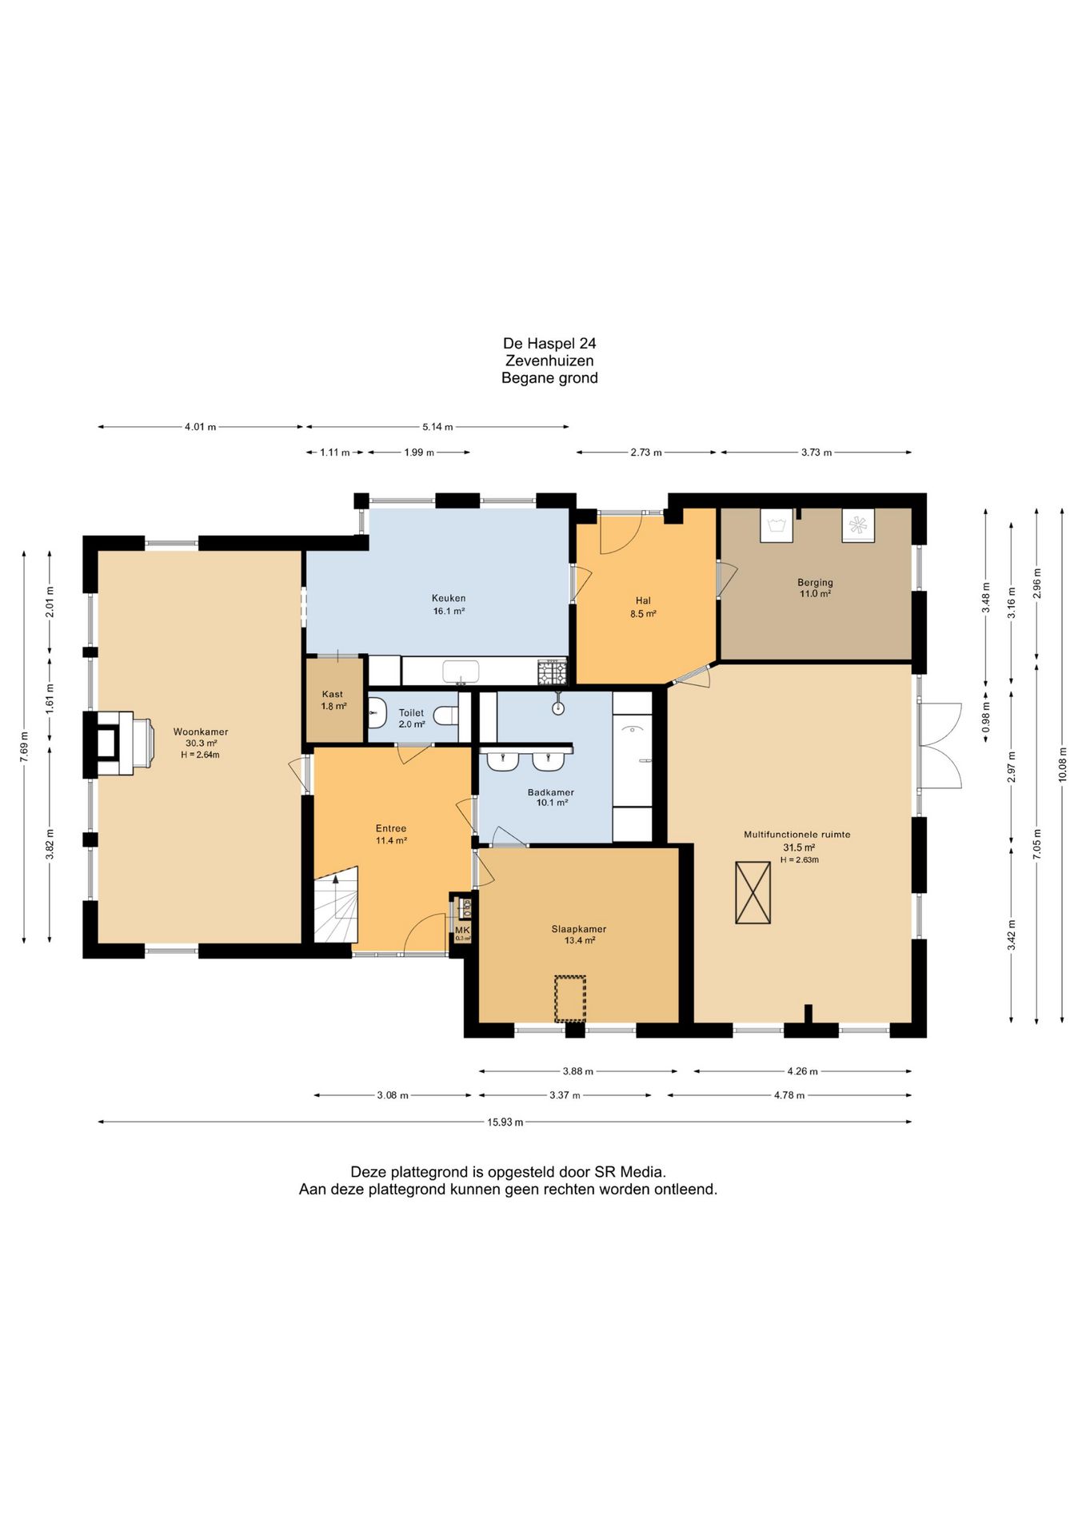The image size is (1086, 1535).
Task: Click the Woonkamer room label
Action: (x=201, y=732)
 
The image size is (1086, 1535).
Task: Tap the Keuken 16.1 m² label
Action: (x=449, y=604)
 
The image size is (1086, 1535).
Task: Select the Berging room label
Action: (x=815, y=582)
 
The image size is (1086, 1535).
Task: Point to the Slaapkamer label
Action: (x=579, y=929)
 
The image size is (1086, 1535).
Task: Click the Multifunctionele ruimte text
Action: (x=797, y=834)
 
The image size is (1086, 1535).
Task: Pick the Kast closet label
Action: (x=333, y=694)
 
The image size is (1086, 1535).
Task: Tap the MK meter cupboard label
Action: (x=462, y=930)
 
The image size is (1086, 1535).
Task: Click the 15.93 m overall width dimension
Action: (x=505, y=1122)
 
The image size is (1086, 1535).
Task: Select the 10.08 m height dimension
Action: (x=1062, y=764)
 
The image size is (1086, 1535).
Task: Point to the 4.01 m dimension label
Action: (x=200, y=427)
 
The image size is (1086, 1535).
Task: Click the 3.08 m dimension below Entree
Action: (x=393, y=1095)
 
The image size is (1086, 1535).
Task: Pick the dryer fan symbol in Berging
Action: (x=858, y=525)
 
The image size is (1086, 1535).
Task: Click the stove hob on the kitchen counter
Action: (x=552, y=672)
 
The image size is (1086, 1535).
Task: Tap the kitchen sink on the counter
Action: (x=461, y=672)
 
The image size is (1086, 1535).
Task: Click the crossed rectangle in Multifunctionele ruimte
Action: (x=753, y=893)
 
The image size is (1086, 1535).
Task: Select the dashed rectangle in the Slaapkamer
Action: (x=570, y=999)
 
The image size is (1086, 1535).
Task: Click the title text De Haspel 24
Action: (x=549, y=343)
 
